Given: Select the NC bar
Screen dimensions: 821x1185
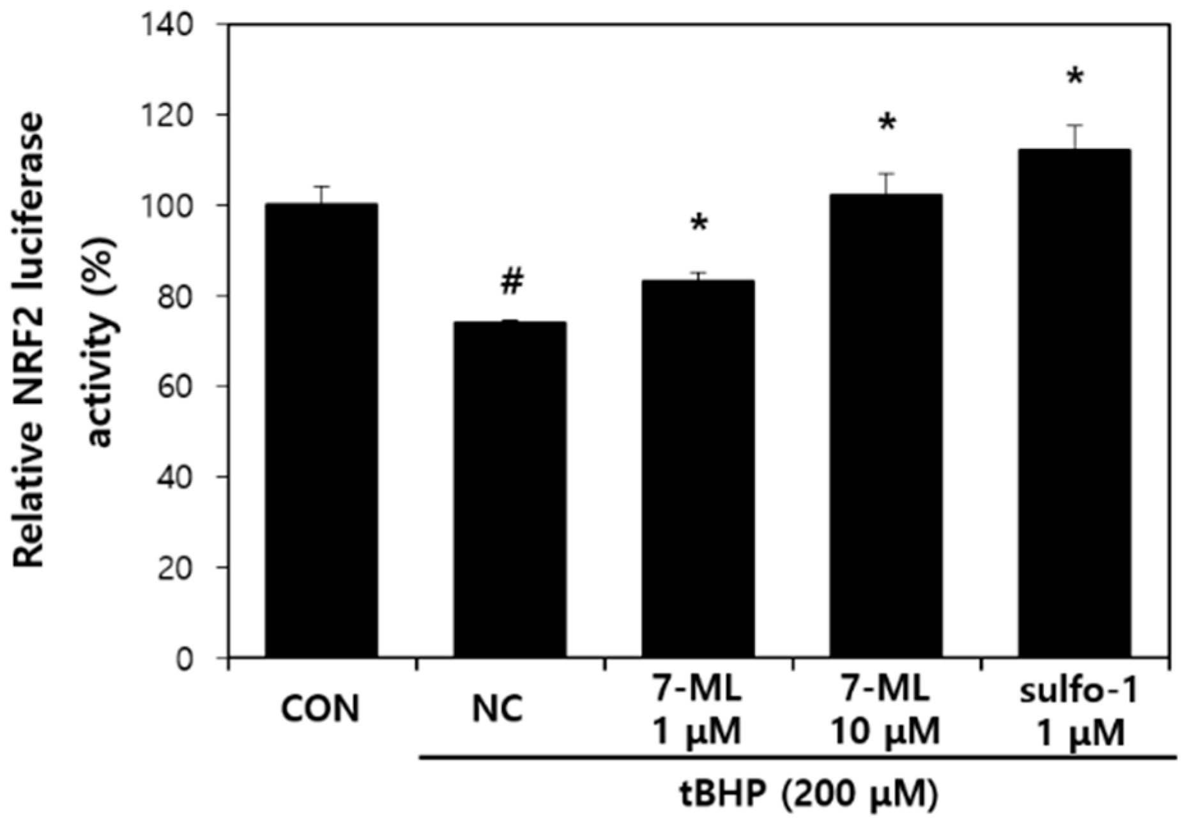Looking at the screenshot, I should click(509, 489).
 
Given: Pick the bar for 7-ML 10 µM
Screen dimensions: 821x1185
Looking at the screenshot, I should click(886, 425).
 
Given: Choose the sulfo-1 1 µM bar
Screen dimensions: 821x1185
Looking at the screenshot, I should click(1074, 403).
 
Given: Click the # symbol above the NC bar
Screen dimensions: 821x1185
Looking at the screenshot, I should click(512, 281).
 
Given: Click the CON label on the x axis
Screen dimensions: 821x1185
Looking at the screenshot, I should click(321, 709).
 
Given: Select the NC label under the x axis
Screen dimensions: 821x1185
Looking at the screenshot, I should click(498, 709).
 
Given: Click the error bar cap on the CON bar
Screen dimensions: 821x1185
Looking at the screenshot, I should click(321, 187).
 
